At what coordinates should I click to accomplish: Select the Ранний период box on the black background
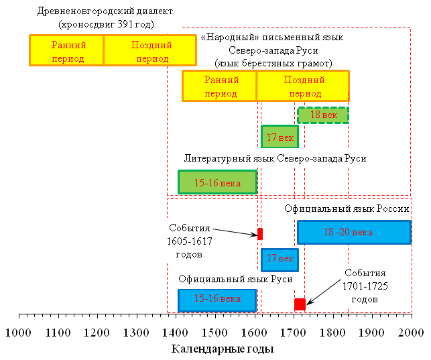[67, 50]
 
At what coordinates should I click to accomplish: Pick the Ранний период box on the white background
[220, 86]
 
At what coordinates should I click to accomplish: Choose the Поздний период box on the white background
[303, 86]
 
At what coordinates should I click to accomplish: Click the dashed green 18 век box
[323, 115]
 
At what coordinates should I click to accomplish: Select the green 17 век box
[280, 137]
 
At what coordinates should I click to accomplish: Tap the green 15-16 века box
[217, 182]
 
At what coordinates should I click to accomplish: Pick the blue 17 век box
[280, 259]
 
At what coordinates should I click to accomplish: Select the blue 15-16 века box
[217, 299]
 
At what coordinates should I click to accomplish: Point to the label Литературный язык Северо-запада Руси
[275, 158]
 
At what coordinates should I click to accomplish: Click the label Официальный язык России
[347, 208]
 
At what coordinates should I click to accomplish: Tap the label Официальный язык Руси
[235, 279]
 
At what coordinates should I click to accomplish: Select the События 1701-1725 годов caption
[365, 286]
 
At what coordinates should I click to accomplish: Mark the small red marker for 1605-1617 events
[260, 233]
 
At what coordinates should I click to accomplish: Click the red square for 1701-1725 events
[300, 304]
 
